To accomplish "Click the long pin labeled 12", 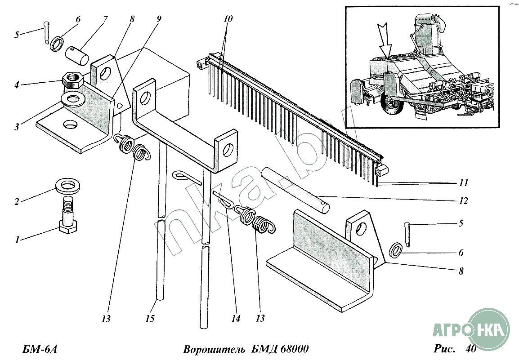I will pyautogui.click(x=297, y=188).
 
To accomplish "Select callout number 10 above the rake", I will pyautogui.click(x=228, y=19).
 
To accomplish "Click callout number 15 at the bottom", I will pyautogui.click(x=150, y=318).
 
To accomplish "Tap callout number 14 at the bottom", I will pyautogui.click(x=236, y=318).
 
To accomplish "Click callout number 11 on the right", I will pyautogui.click(x=463, y=183).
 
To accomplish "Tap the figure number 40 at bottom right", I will pyautogui.click(x=471, y=348).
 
